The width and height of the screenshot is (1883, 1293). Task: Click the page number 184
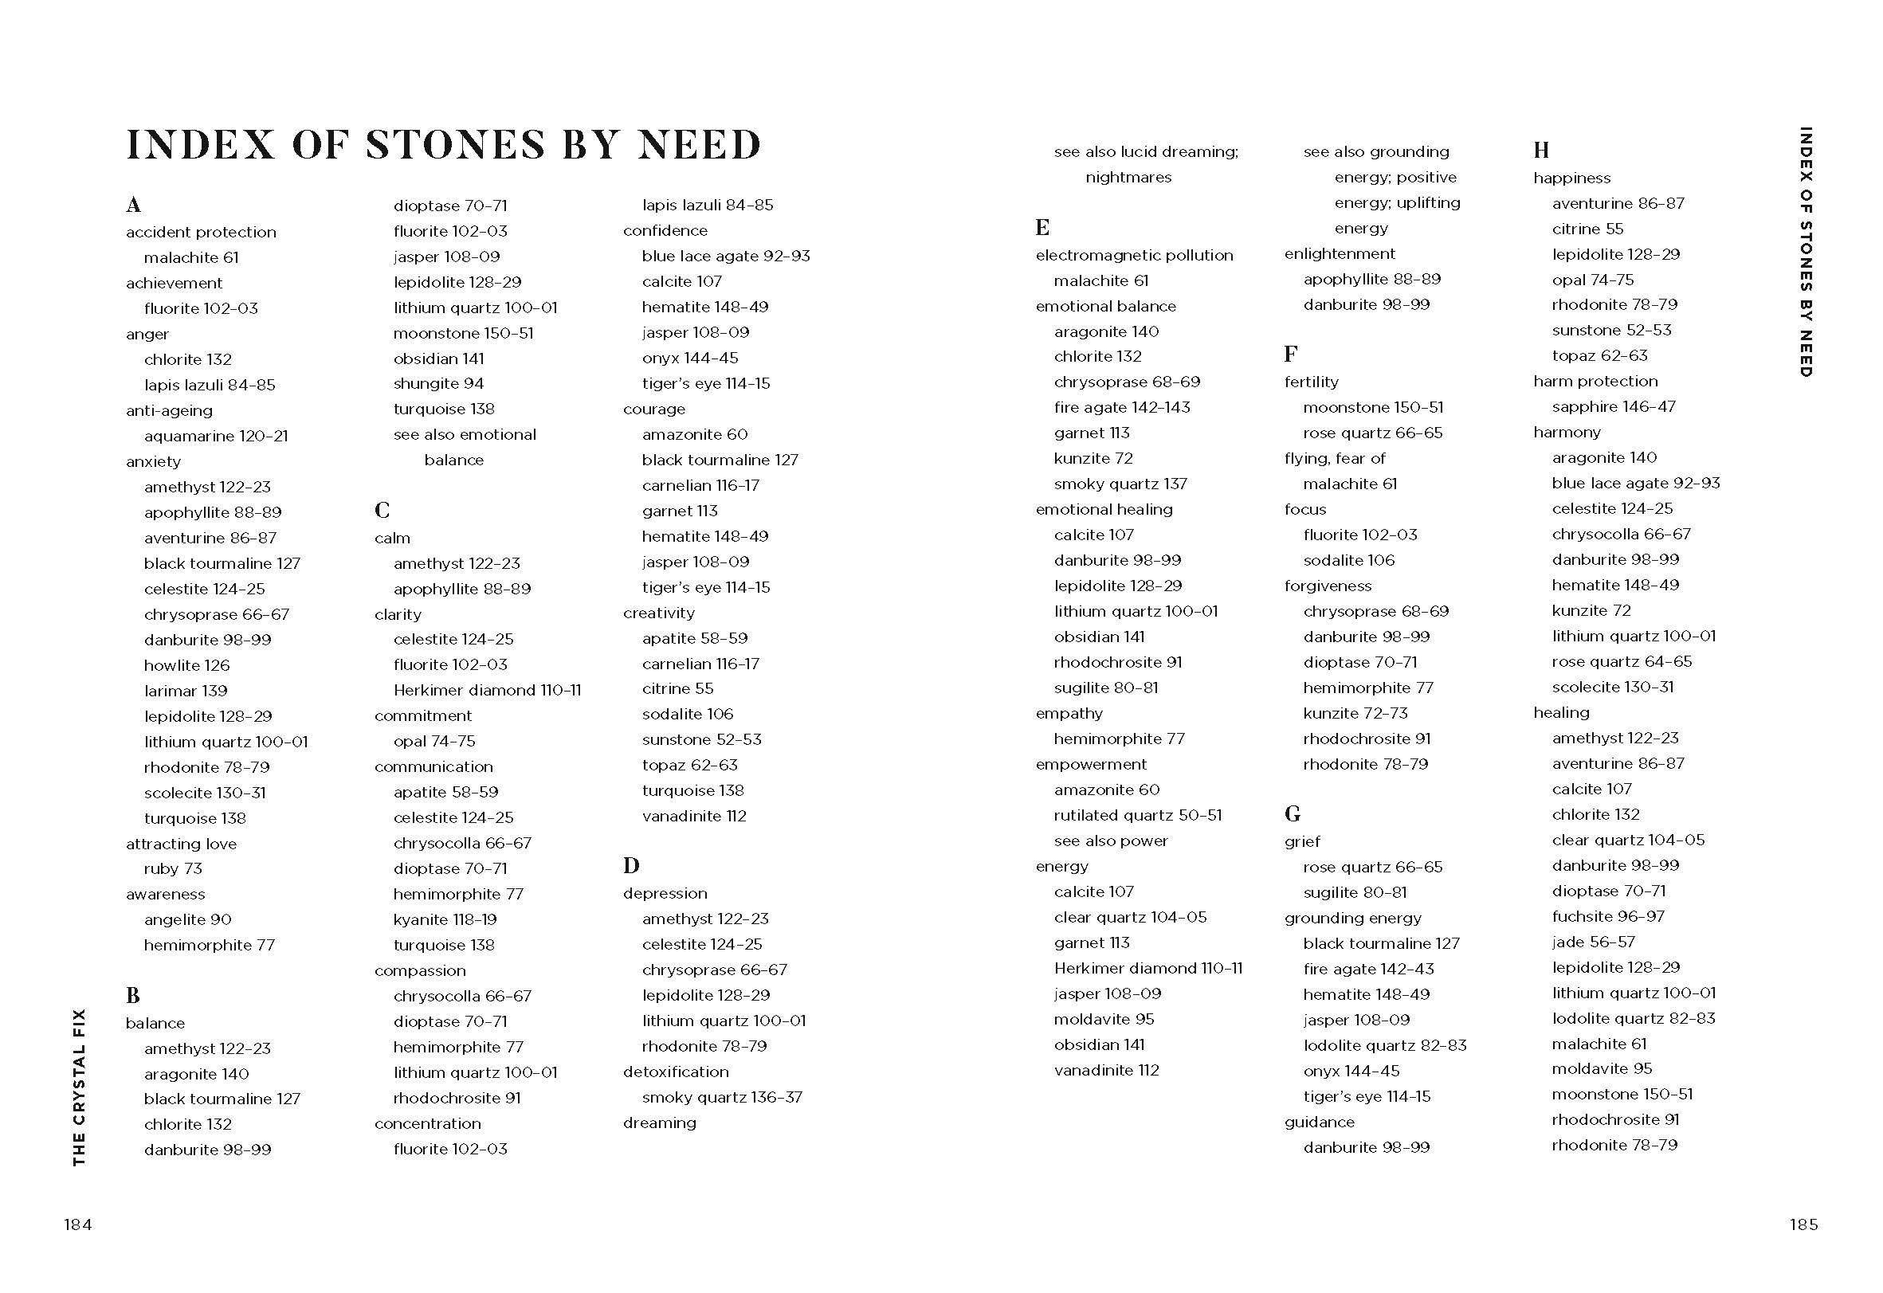click(x=78, y=1224)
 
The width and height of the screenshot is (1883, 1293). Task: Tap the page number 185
click(x=1803, y=1224)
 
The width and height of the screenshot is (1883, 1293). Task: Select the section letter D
click(x=631, y=865)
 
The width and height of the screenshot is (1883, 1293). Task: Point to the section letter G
click(x=1293, y=813)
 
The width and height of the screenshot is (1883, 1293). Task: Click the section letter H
click(x=1541, y=150)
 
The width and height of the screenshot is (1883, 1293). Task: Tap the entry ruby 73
click(x=173, y=868)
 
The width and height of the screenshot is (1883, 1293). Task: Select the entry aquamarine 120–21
click(x=215, y=436)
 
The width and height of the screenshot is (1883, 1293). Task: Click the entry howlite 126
click(x=186, y=665)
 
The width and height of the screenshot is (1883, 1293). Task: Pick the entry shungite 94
click(x=438, y=383)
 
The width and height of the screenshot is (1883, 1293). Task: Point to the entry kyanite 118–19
click(x=445, y=919)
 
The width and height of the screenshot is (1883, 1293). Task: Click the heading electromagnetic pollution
click(x=1133, y=255)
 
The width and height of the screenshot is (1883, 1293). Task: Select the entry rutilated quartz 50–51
click(x=1138, y=815)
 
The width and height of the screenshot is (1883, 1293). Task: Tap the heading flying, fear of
click(x=1335, y=459)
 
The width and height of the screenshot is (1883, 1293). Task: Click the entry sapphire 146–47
click(x=1613, y=406)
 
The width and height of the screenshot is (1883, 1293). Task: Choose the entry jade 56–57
click(x=1593, y=942)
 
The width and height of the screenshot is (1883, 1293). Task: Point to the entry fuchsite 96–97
click(x=1607, y=916)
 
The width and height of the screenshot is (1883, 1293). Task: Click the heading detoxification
click(x=676, y=1072)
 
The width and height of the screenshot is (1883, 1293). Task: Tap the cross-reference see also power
click(x=1110, y=841)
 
